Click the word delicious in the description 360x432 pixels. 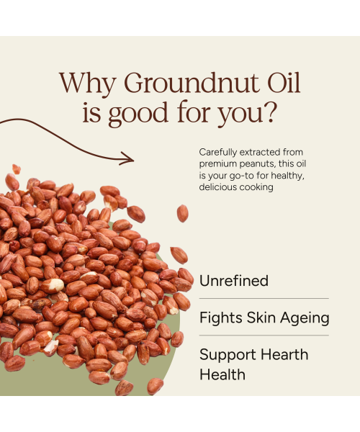[x=221, y=187]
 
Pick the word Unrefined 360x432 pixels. [x=234, y=281]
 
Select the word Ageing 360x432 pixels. [x=305, y=318]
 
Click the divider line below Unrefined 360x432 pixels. [x=264, y=298]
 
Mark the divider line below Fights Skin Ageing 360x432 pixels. [x=264, y=335]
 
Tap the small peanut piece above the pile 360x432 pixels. [x=17, y=170]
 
